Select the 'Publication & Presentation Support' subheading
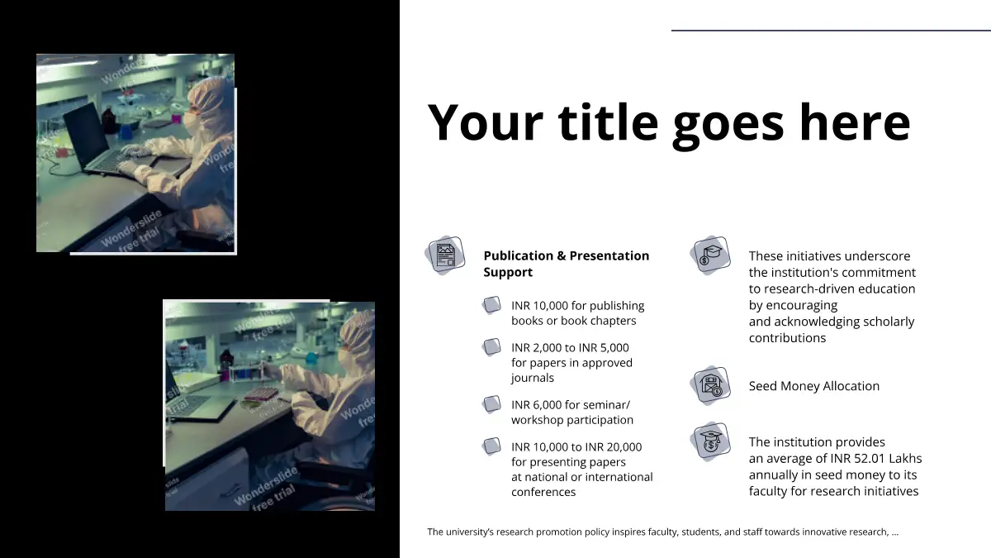coord(567,264)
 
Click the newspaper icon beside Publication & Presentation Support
coord(445,255)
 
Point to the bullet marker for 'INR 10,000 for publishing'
coord(491,305)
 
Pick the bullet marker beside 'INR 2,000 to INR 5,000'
coord(491,347)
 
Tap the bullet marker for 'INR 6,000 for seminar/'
coord(491,404)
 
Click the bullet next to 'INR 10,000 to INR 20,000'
coord(491,446)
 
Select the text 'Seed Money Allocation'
coord(814,386)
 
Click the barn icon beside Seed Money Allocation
coord(710,386)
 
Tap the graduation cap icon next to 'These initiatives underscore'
coord(710,255)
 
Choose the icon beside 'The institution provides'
coord(710,442)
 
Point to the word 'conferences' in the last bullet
coord(543,492)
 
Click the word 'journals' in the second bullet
coord(532,379)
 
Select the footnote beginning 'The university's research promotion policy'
coord(662,532)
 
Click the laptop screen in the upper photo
coord(86,136)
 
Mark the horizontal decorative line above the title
coord(831,31)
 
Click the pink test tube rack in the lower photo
coord(262,393)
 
